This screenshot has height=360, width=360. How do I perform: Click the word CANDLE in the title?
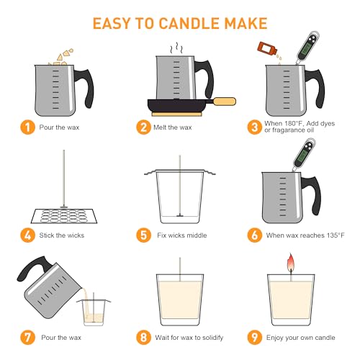click(189, 24)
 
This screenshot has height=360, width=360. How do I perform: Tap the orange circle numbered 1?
click(28, 127)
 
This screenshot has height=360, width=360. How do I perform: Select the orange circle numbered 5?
click(144, 235)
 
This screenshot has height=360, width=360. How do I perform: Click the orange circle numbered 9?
click(255, 337)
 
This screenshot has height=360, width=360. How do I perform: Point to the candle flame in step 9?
click(291, 262)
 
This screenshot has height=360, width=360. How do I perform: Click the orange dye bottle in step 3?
click(267, 49)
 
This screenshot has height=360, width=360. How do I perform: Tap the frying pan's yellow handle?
click(225, 102)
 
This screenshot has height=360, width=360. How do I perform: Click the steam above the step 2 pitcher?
click(176, 48)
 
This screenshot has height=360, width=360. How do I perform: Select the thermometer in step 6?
click(303, 155)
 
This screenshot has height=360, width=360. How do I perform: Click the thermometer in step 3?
click(307, 48)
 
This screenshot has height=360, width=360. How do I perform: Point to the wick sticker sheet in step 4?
click(64, 216)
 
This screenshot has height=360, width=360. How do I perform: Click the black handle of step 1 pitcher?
click(85, 88)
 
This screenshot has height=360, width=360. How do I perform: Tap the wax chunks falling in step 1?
click(62, 57)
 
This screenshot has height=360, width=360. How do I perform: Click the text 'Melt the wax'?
click(173, 127)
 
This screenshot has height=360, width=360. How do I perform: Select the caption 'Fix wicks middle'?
click(182, 235)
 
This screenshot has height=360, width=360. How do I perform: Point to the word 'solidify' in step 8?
click(212, 338)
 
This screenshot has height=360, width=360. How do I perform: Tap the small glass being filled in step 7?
click(94, 312)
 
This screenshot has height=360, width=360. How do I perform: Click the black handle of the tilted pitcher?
click(32, 267)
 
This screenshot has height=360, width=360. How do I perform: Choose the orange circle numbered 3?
click(255, 127)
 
